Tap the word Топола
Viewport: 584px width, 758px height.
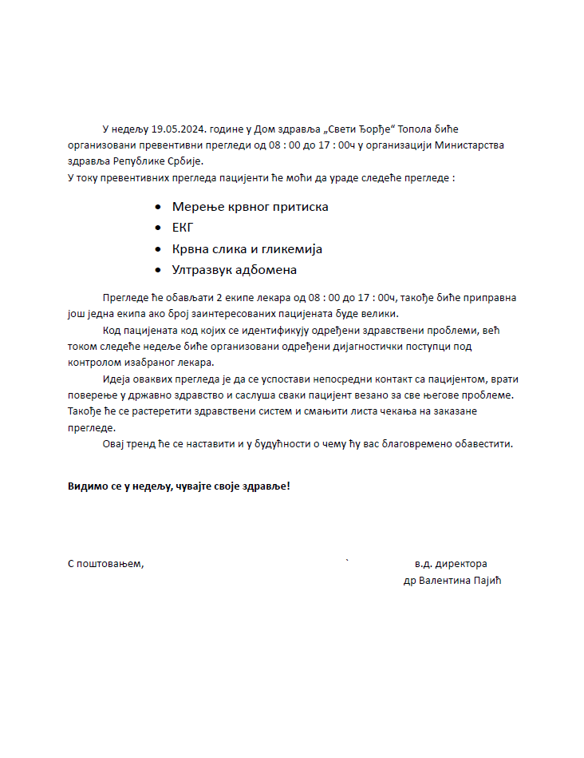(x=416, y=129)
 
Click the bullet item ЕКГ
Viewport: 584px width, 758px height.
(x=183, y=228)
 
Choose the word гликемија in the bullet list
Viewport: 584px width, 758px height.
(x=289, y=249)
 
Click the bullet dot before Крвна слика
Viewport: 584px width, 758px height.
(x=158, y=249)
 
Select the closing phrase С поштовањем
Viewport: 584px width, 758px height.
(x=105, y=564)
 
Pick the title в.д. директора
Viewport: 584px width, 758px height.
(x=451, y=564)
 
